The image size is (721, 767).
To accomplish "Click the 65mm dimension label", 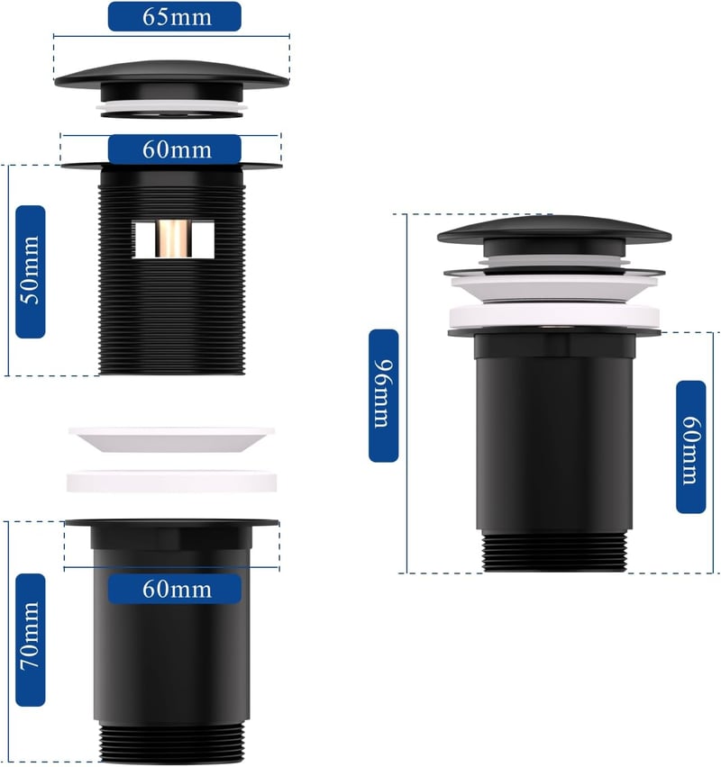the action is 174,16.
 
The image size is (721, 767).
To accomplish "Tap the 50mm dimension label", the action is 31,272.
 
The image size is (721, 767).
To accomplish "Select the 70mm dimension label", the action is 31,640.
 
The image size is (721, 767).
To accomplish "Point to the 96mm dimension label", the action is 384,395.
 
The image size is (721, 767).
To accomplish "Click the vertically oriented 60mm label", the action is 690,447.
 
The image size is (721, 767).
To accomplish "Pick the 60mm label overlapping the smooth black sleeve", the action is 174,589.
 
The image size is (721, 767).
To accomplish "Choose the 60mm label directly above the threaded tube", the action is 174,149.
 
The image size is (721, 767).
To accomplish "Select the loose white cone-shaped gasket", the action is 171,439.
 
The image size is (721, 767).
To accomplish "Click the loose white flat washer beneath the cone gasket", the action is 171,482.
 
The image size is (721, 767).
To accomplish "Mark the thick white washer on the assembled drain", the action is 554,316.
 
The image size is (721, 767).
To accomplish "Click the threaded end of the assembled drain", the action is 554,552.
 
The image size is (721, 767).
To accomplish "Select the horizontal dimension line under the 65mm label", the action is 171,36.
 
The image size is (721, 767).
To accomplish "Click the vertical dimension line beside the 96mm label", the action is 406,393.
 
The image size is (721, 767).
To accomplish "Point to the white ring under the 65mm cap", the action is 171,106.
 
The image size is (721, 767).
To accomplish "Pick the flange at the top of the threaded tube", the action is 171,167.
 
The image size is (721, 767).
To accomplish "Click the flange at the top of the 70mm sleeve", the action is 171,523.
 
